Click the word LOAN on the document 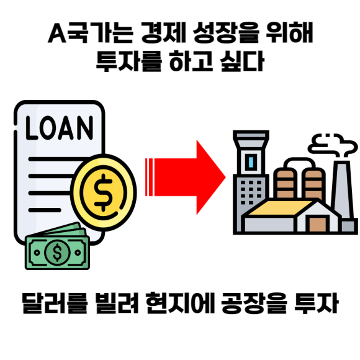click(60, 128)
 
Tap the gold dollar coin click(104, 192)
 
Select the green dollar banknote click(57, 252)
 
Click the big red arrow click(186, 178)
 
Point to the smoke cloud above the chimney click(332, 145)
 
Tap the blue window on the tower click(251, 162)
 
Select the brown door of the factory click(318, 224)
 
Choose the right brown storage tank click(313, 183)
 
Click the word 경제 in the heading click(163, 33)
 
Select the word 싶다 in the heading click(242, 61)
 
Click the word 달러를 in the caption click(55, 303)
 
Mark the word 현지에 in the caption click(180, 303)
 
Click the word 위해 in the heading click(289, 33)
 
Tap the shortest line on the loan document click(45, 210)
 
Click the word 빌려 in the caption click(117, 303)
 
